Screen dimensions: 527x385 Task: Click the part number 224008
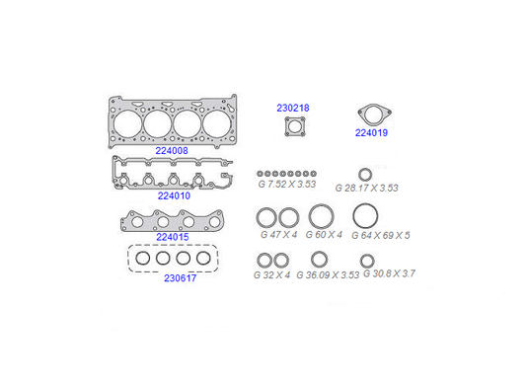point(172,151)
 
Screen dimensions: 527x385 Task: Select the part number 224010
point(174,195)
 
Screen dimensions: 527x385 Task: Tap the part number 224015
point(173,237)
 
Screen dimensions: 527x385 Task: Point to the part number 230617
point(181,278)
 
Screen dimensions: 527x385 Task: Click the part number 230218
point(293,108)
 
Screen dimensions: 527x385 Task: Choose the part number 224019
point(371,133)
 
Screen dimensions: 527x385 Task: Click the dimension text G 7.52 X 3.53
point(287,185)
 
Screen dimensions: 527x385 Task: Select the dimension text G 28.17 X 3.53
point(367,188)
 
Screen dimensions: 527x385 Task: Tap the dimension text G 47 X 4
point(279,234)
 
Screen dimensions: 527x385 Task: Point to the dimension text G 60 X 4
point(324,234)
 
